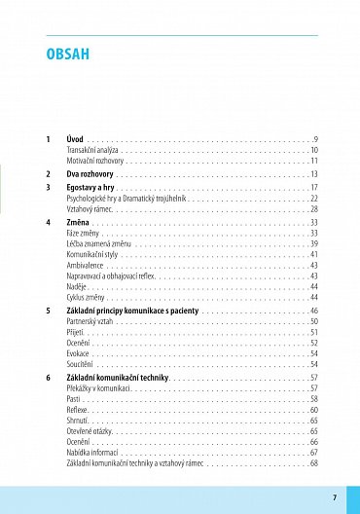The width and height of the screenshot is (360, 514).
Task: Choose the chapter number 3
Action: pos(48,187)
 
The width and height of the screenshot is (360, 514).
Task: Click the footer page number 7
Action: pos(334,497)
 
